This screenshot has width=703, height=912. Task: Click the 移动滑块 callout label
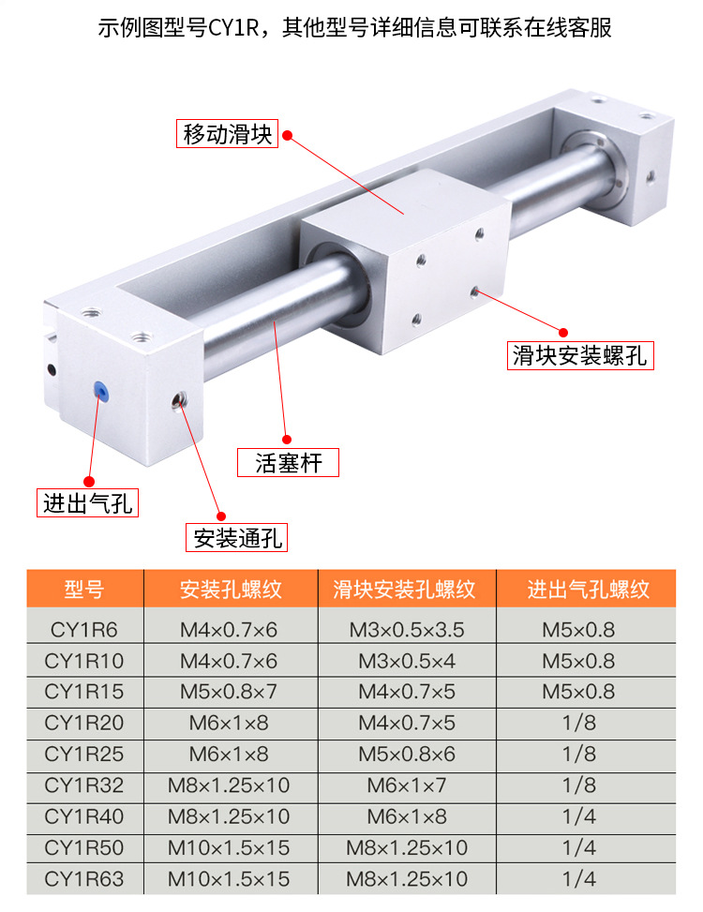[228, 134]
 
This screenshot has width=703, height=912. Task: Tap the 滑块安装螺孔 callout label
[580, 355]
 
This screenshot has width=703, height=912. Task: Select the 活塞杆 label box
[288, 462]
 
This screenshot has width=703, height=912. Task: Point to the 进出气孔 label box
[88, 502]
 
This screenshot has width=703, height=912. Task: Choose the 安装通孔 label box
[236, 537]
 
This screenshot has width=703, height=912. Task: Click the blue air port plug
[101, 390]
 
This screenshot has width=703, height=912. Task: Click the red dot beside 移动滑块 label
[287, 136]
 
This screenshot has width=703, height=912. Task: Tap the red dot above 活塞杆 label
[287, 440]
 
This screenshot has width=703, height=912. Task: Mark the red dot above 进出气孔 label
[89, 481]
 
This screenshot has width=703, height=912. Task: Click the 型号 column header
[84, 590]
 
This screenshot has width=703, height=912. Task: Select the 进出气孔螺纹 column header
[588, 590]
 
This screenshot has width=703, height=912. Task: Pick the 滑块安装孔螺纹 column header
[405, 590]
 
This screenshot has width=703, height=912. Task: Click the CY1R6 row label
[84, 630]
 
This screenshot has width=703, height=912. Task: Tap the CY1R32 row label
[84, 785]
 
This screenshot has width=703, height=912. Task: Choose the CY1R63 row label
[84, 879]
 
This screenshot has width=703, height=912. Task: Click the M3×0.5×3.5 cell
[407, 630]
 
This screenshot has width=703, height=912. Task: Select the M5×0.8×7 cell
[229, 692]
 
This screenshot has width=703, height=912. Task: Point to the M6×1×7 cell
[407, 785]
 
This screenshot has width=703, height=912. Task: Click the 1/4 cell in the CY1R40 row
[579, 816]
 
